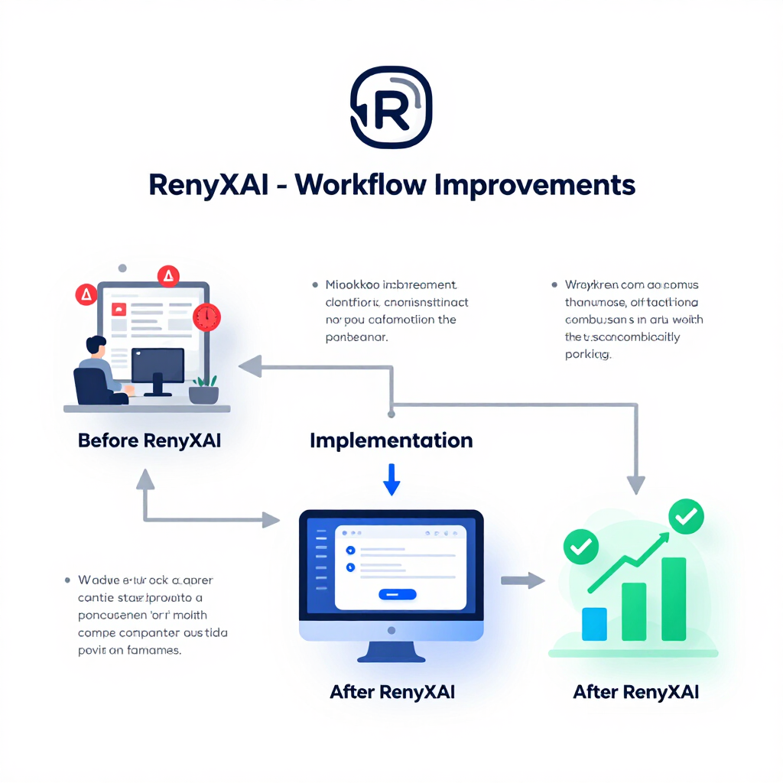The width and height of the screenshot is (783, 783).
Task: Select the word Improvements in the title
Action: [x=534, y=186]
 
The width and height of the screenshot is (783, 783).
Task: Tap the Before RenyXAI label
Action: [x=149, y=441]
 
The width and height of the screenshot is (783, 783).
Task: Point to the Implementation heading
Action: [x=391, y=440]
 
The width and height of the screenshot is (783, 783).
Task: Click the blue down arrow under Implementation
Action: [x=391, y=480]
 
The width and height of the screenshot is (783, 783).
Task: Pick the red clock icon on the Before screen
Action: [x=206, y=317]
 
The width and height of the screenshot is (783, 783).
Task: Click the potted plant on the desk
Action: [x=204, y=389]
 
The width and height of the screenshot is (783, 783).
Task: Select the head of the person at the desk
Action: [x=96, y=345]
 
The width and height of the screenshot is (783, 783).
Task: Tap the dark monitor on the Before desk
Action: [x=158, y=366]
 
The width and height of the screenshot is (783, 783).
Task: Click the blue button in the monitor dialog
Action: [x=397, y=593]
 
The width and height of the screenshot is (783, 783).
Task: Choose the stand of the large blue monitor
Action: [x=391, y=651]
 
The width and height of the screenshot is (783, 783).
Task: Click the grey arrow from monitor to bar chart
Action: [x=522, y=581]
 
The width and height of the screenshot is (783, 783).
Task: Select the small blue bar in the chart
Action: [x=594, y=623]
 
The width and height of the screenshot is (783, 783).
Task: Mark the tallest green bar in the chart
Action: [x=674, y=598]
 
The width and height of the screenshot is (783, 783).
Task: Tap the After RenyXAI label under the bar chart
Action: [x=636, y=693]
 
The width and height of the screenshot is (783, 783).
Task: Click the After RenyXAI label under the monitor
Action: [x=392, y=692]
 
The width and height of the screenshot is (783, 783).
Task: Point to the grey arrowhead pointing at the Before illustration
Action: [x=249, y=367]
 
